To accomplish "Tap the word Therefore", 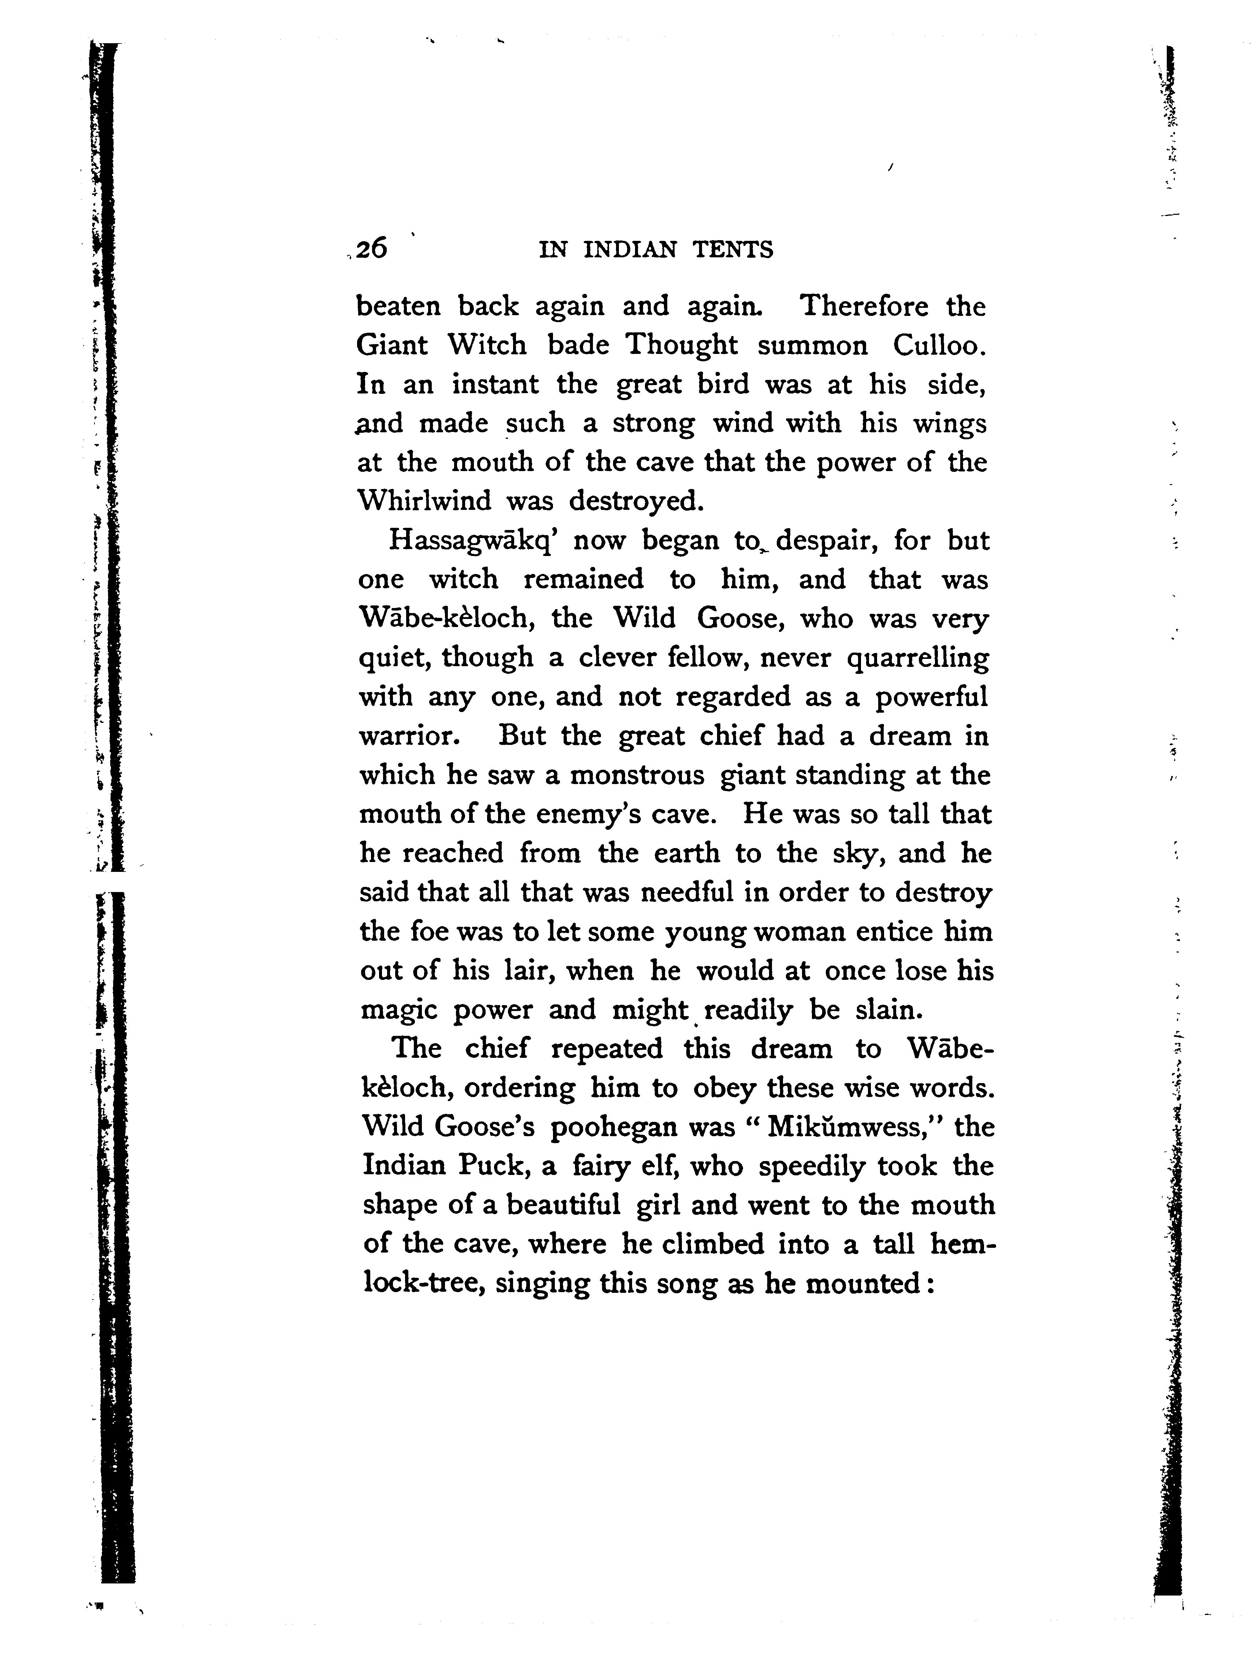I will tap(864, 306).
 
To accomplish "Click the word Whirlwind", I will tap(424, 501).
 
